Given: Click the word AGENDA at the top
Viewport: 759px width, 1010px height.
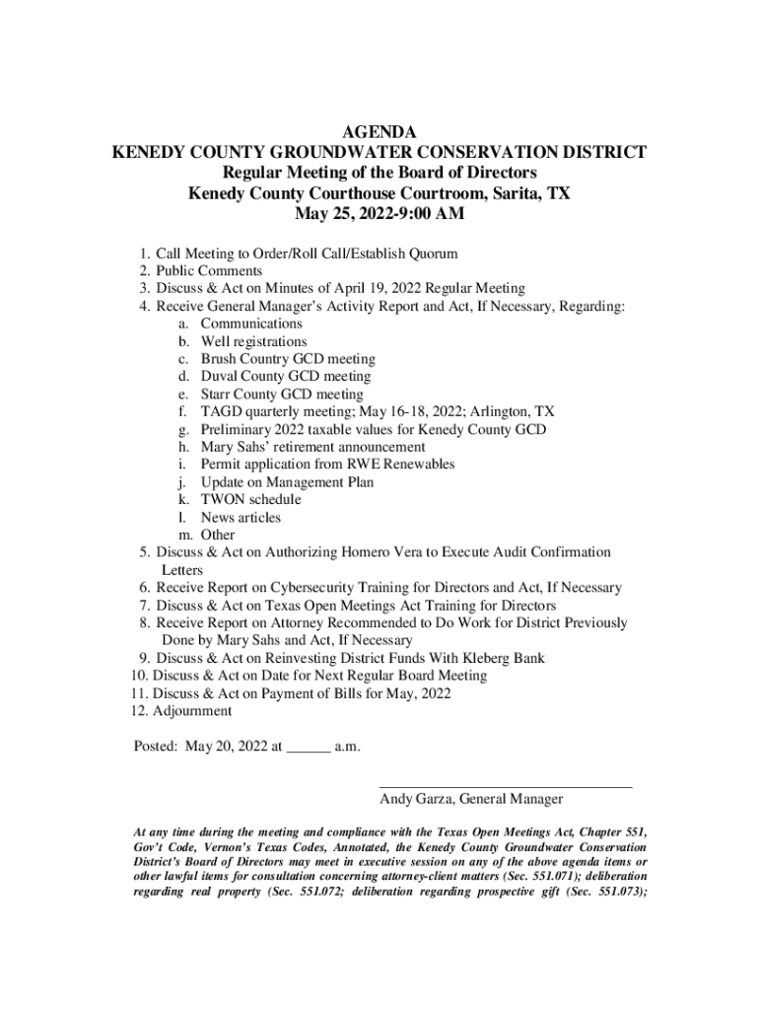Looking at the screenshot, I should coord(379,132).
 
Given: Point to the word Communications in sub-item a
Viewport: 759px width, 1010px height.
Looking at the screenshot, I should coord(251,325).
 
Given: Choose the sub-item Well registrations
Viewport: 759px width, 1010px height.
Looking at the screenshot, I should coord(253,342).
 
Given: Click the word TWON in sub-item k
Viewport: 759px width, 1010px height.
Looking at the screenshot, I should coord(222,500).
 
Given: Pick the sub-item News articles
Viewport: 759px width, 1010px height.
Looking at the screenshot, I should coord(241,518).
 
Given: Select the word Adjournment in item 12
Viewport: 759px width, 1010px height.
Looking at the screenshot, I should coord(193,712).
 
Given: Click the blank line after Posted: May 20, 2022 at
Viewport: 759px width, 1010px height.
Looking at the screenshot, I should coord(308,749).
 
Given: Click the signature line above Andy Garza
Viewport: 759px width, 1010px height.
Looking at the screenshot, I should coord(506,787).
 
